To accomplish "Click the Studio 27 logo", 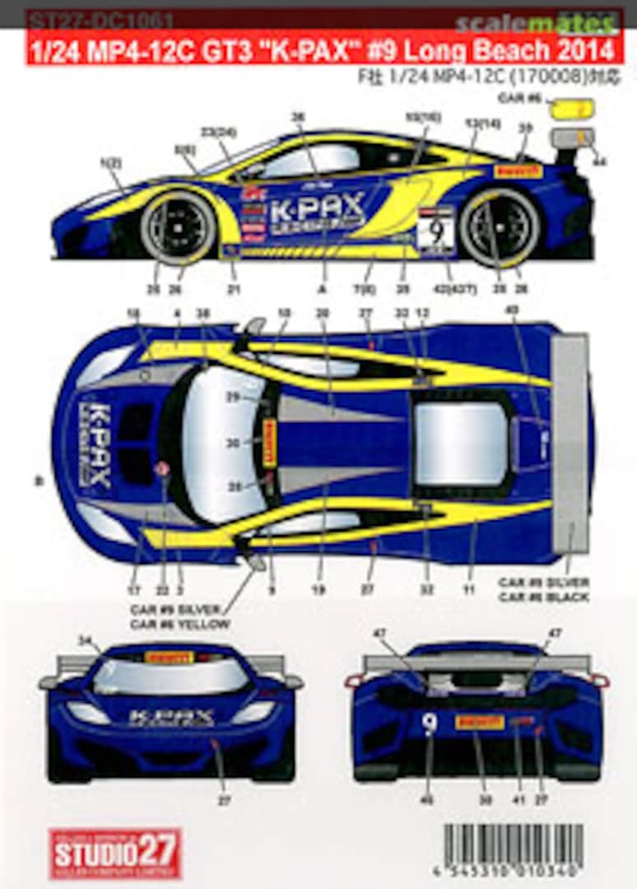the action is click(x=114, y=853).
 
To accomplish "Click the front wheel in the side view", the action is click(x=178, y=226).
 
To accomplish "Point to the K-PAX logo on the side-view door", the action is click(x=317, y=211).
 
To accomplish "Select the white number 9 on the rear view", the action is click(x=428, y=723).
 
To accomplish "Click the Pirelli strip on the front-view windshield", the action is click(x=169, y=657).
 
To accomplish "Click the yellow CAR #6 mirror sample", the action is click(x=571, y=108).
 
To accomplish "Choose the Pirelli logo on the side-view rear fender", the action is click(x=518, y=170).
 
